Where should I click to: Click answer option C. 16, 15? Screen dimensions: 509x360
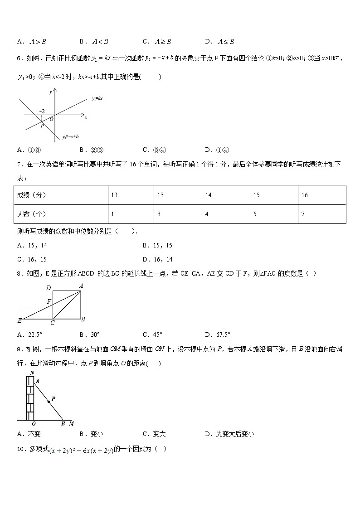click(x=32, y=259)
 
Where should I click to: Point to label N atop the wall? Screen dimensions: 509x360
click(x=32, y=373)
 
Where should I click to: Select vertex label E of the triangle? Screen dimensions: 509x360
click(x=19, y=320)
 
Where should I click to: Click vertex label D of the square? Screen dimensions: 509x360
click(x=49, y=288)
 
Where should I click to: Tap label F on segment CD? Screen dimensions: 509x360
click(x=49, y=301)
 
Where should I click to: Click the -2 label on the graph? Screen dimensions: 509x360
click(x=42, y=111)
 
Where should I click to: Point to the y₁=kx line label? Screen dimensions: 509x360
click(x=97, y=98)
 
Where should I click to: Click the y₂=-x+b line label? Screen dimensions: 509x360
click(x=70, y=136)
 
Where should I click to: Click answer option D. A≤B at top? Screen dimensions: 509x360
click(x=219, y=42)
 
